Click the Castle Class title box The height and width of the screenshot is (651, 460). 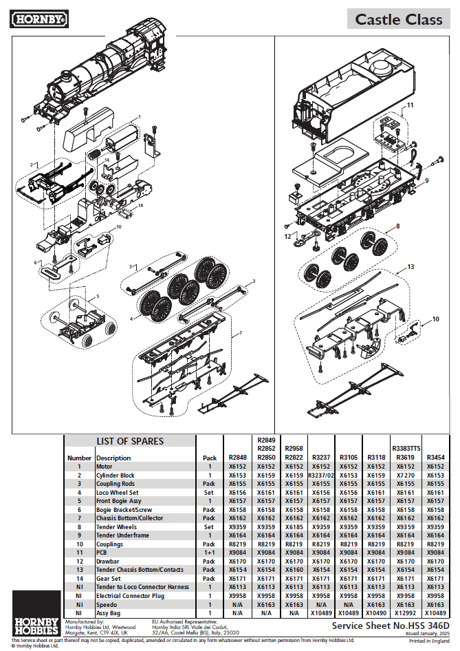coord(398,19)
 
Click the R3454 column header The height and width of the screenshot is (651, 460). coord(435,457)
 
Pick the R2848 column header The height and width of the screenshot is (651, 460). coord(237,457)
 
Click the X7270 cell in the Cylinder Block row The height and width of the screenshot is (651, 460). coord(406,476)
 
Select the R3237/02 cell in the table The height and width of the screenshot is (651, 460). coord(321,476)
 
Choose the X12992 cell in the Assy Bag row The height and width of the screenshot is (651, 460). coord(406,612)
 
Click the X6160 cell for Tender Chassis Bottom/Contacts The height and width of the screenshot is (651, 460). coord(294,570)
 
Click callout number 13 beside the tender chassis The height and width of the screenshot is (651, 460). coord(410,266)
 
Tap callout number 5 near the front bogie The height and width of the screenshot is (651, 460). coord(97,297)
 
